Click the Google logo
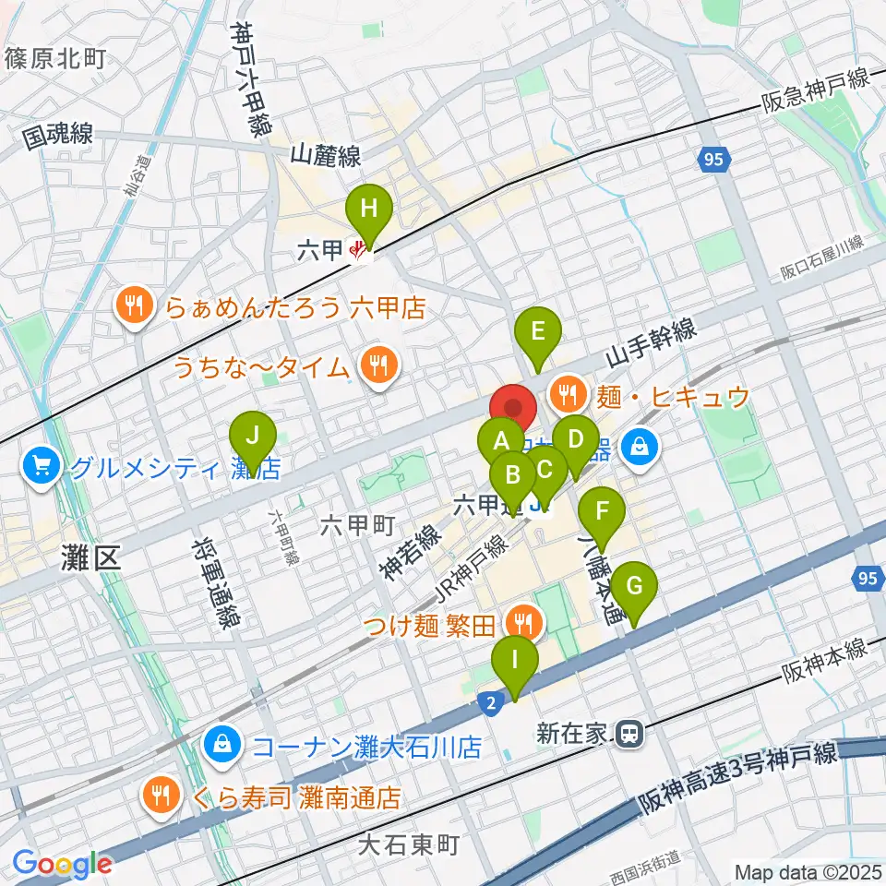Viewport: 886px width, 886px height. coord(62,865)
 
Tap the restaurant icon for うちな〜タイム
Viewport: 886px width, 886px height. coord(377,366)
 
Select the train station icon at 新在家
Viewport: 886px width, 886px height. coord(630,733)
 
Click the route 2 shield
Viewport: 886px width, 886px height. coord(491,703)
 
